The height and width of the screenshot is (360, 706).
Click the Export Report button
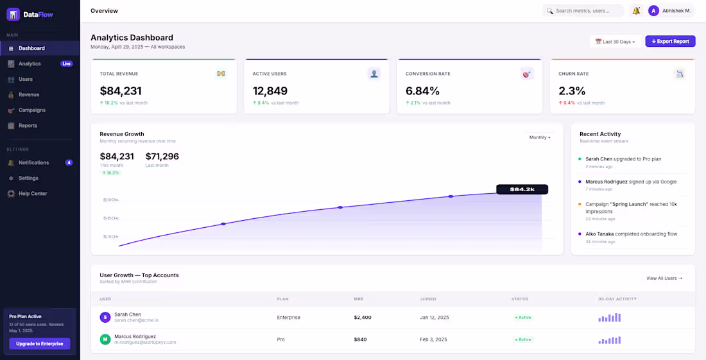point(670,42)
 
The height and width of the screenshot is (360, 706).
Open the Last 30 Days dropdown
point(615,42)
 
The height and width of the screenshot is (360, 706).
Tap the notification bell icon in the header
point(636,11)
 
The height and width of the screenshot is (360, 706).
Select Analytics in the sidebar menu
point(30,64)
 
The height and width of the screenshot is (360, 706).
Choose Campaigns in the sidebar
point(32,110)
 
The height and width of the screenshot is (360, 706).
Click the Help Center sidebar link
point(33,193)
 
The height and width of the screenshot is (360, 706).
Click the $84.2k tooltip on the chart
point(522,189)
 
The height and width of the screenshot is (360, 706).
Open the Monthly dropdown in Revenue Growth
point(540,137)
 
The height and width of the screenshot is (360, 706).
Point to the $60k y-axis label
point(111,218)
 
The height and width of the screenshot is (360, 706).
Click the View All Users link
point(664,278)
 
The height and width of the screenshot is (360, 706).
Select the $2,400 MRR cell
point(363,317)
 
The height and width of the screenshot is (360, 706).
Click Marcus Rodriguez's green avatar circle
point(105,339)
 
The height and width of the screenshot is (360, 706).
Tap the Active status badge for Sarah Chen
point(523,317)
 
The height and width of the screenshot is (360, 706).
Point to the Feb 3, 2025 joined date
point(435,339)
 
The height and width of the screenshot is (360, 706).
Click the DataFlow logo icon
point(13,14)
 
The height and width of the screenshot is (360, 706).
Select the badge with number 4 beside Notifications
point(69,162)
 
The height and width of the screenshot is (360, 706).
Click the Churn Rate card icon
point(679,74)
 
